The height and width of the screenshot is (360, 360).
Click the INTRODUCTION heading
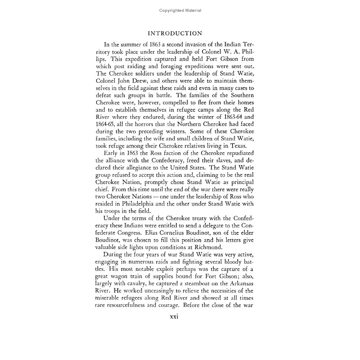(180, 33)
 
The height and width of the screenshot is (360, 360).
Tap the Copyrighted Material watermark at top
(180, 10)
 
